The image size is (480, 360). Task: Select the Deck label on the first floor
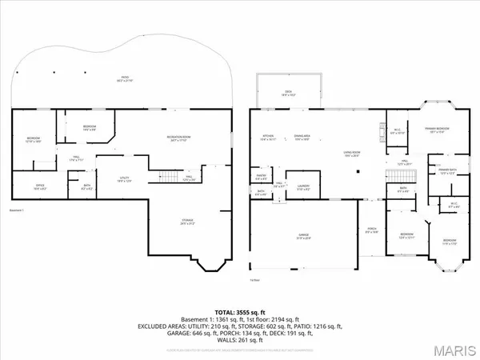tap(288, 92)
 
